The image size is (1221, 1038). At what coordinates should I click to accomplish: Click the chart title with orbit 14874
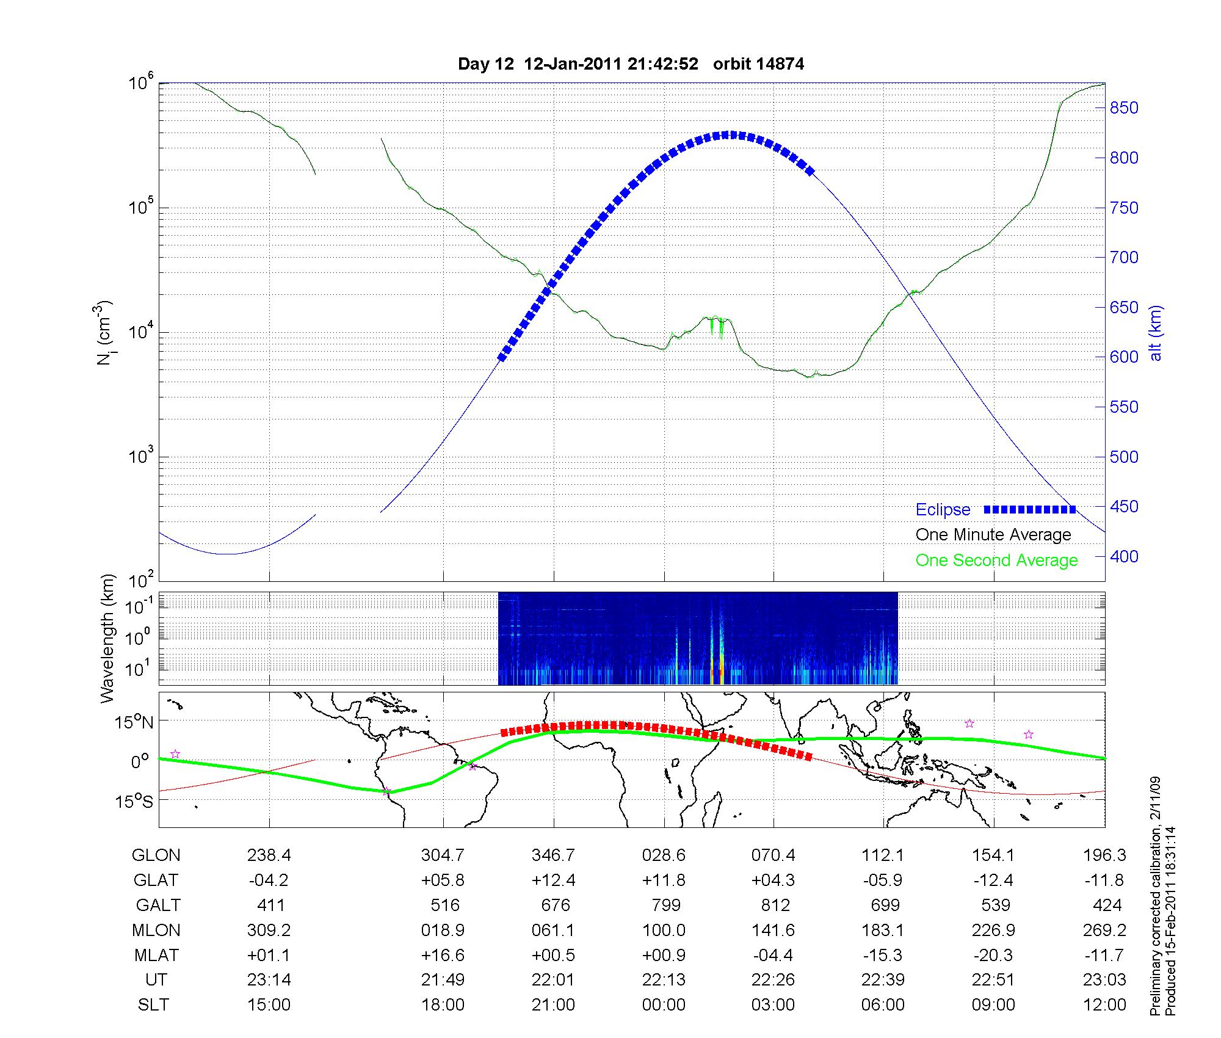[631, 64]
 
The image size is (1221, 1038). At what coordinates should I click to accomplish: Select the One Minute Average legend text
[993, 535]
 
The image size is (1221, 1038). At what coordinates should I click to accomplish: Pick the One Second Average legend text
[996, 561]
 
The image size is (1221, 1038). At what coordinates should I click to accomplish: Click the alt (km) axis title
[1156, 333]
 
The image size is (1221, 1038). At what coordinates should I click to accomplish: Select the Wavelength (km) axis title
[107, 639]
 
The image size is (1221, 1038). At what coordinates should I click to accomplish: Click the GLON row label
[156, 855]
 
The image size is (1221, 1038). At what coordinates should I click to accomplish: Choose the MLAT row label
[156, 955]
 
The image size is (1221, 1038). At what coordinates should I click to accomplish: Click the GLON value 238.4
[269, 855]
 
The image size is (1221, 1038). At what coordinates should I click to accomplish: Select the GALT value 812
[774, 905]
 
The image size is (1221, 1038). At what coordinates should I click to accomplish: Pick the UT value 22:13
[664, 980]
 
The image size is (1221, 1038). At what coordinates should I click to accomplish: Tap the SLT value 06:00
[883, 1005]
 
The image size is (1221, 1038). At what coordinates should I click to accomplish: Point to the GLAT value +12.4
[553, 880]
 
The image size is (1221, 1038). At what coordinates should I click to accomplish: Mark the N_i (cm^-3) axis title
[105, 333]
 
